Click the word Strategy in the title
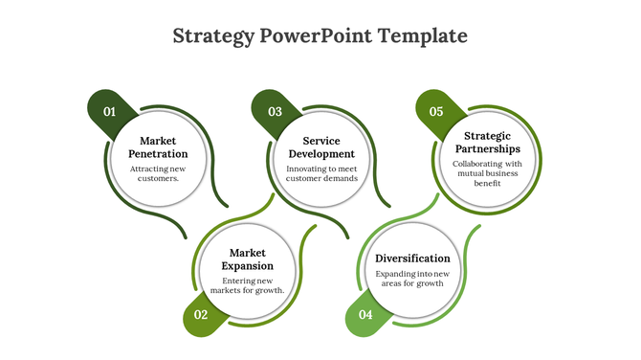tap(213, 36)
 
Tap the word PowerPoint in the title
tap(316, 36)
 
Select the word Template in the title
tap(423, 36)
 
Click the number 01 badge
tap(109, 112)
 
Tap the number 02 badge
tap(201, 315)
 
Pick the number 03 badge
tap(275, 112)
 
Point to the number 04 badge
tap(365, 315)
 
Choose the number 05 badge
tap(436, 112)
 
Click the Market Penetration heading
tap(158, 146)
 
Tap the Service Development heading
tap(321, 146)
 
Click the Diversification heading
tap(412, 259)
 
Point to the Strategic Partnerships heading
tap(487, 143)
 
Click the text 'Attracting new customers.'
tap(158, 173)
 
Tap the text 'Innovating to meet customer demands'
tap(321, 173)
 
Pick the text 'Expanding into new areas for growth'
tap(412, 279)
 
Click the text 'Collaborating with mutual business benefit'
tap(487, 173)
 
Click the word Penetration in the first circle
tap(158, 153)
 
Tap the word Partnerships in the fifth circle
tap(487, 149)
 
